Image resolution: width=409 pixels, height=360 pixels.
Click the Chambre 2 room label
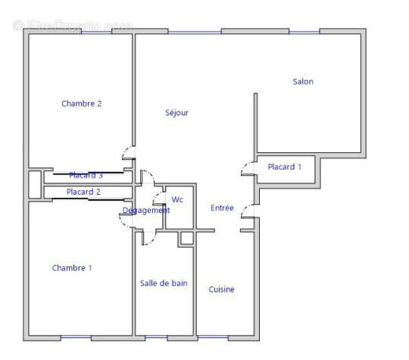(x=82, y=104)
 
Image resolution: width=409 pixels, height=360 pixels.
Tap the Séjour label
(x=176, y=113)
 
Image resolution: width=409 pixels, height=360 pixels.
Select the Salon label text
(x=303, y=82)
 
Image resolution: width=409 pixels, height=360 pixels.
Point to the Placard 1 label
(x=285, y=167)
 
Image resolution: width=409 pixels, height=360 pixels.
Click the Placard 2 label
(x=83, y=192)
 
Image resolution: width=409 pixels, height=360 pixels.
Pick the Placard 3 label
(x=86, y=175)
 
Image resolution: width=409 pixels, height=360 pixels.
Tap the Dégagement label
(x=146, y=211)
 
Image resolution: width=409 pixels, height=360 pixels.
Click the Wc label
(x=177, y=200)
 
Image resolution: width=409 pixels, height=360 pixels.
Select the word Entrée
(x=222, y=208)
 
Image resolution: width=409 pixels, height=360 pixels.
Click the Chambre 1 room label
(x=72, y=268)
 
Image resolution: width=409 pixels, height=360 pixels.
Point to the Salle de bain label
(x=164, y=283)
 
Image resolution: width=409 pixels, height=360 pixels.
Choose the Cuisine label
(x=222, y=290)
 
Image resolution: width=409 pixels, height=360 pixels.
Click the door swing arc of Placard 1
(x=246, y=167)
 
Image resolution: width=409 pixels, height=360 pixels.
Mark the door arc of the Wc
(x=158, y=201)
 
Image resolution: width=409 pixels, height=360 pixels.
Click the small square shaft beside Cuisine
(x=186, y=239)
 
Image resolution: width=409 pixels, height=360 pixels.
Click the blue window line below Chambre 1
(x=76, y=337)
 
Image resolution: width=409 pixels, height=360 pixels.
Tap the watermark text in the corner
(x=72, y=25)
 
